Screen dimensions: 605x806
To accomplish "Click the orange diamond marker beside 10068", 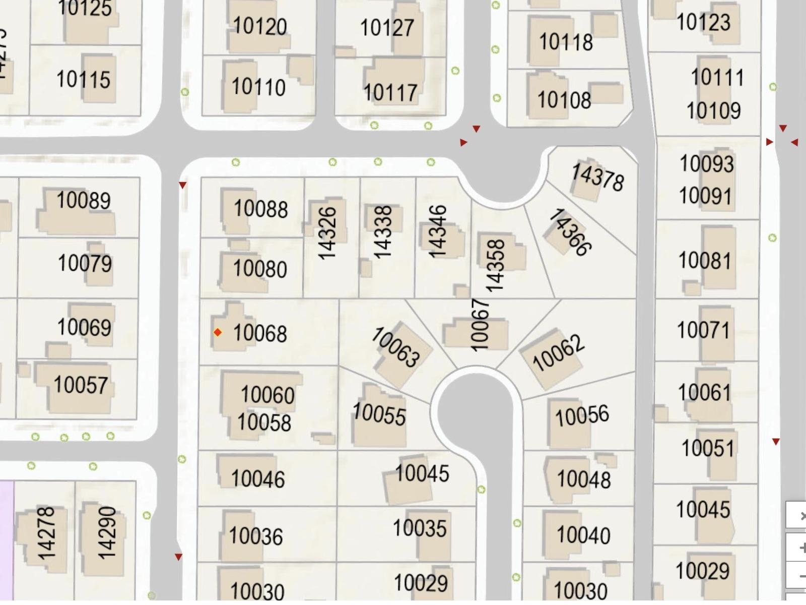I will [x=218, y=332].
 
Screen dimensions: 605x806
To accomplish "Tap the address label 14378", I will [x=597, y=177].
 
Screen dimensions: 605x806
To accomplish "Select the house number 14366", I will [x=570, y=232].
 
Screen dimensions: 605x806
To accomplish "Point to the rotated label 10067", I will [x=480, y=325].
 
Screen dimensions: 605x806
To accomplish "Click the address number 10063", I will [x=396, y=347].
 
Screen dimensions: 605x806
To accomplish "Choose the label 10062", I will [x=558, y=353].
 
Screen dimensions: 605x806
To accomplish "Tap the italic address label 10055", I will [x=379, y=414].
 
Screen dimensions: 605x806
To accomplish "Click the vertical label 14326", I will [x=327, y=233].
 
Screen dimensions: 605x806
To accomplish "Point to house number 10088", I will [x=260, y=209].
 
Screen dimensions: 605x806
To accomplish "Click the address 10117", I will [x=390, y=93].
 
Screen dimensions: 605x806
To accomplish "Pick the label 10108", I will [x=564, y=100].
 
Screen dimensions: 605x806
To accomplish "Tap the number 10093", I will [x=706, y=164].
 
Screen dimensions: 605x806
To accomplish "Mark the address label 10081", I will [x=705, y=261].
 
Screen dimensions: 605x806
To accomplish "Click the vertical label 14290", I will [x=106, y=533].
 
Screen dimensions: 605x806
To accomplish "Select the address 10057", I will [x=81, y=385].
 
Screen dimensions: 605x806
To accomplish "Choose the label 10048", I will [x=583, y=479].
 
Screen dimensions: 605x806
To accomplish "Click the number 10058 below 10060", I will [x=264, y=422].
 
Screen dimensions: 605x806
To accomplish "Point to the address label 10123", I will [x=703, y=22].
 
